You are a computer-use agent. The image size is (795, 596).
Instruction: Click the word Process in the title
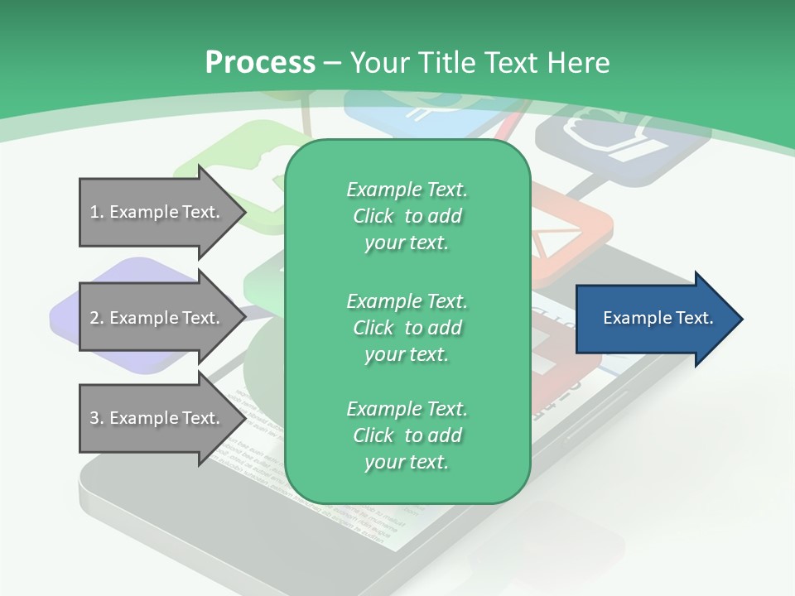(260, 63)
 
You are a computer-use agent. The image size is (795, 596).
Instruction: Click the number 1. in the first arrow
(97, 212)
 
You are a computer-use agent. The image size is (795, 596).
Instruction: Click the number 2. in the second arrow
(97, 318)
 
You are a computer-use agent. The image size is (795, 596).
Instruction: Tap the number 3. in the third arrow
(97, 418)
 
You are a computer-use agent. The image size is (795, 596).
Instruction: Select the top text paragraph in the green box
(407, 216)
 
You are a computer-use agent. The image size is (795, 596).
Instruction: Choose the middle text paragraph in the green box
(407, 328)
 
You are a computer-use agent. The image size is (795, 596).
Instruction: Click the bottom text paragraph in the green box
(407, 435)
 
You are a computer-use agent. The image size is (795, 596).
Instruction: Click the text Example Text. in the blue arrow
(658, 318)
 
